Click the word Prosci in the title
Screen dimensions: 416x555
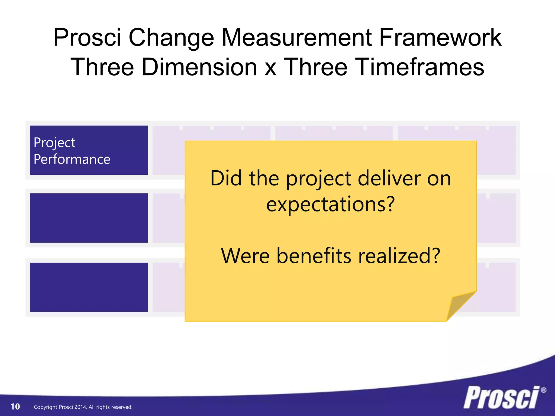coord(87,38)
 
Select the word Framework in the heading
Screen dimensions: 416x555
coord(440,38)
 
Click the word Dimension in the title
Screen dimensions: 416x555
coord(199,67)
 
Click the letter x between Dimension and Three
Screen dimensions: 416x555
coord(270,68)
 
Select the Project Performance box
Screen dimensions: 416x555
coord(89,150)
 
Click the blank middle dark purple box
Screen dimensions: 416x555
coord(89,218)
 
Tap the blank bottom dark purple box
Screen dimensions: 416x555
coord(89,287)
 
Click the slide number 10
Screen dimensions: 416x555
coord(15,407)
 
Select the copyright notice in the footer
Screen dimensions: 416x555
coord(83,407)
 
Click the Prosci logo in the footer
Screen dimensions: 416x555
coord(502,398)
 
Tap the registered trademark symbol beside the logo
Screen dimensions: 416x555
coord(543,390)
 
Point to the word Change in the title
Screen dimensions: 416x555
coord(171,38)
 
